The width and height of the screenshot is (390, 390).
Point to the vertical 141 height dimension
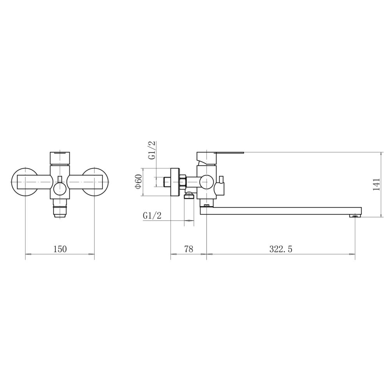377,184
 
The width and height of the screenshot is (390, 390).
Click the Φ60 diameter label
138,182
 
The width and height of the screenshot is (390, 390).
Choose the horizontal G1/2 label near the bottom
152,215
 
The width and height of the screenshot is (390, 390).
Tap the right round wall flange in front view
96,182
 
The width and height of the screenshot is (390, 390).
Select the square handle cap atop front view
60,158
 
